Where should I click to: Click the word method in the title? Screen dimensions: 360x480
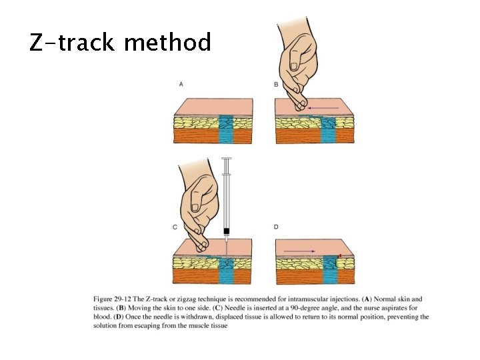(x=167, y=43)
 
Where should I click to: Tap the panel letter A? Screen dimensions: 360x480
(x=181, y=84)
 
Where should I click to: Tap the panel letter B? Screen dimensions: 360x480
(x=277, y=84)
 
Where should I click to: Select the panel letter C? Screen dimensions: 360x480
(x=175, y=227)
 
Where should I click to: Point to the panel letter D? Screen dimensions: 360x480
(x=277, y=227)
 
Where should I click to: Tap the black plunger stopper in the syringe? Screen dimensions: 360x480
(x=227, y=231)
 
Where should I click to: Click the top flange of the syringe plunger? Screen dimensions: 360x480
(x=227, y=159)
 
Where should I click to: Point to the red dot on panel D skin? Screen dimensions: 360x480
(x=340, y=255)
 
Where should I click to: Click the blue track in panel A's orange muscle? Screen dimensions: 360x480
(x=227, y=135)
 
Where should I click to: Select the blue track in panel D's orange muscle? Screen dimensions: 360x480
(x=329, y=277)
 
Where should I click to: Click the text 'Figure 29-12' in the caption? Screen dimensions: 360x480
(x=112, y=299)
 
